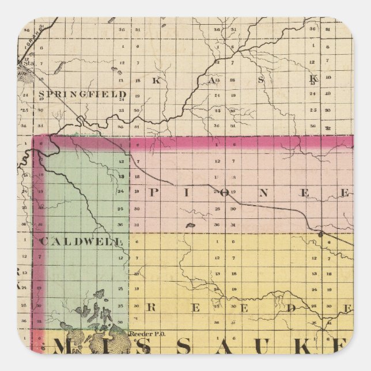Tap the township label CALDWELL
[81, 241]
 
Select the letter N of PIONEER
[262, 194]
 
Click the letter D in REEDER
[291, 308]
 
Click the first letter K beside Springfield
[155, 81]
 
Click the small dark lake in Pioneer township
[190, 226]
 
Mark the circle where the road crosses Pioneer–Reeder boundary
[321, 234]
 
